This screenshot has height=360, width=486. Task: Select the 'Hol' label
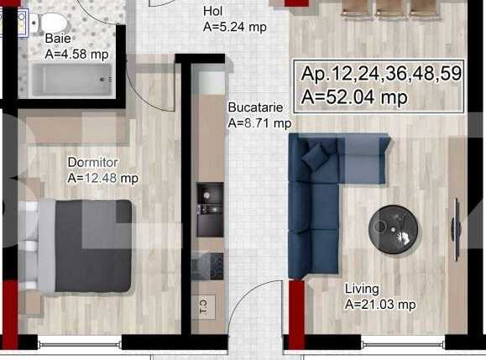pos(213,12)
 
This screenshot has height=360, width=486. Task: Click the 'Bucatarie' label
pos(255,107)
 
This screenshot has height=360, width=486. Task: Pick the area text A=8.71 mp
pos(259,123)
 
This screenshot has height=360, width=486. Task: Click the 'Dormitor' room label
pos(92,162)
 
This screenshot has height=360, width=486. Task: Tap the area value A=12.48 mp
pos(102,178)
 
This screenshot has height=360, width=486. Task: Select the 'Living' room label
pos(362,289)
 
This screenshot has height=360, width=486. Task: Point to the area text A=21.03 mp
pos(380,305)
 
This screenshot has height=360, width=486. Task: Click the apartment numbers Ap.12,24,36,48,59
pos(381,74)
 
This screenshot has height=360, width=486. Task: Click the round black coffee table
pos(393,227)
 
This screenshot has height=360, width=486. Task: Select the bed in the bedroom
pos(80,245)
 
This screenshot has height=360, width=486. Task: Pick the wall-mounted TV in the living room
pos(456,230)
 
